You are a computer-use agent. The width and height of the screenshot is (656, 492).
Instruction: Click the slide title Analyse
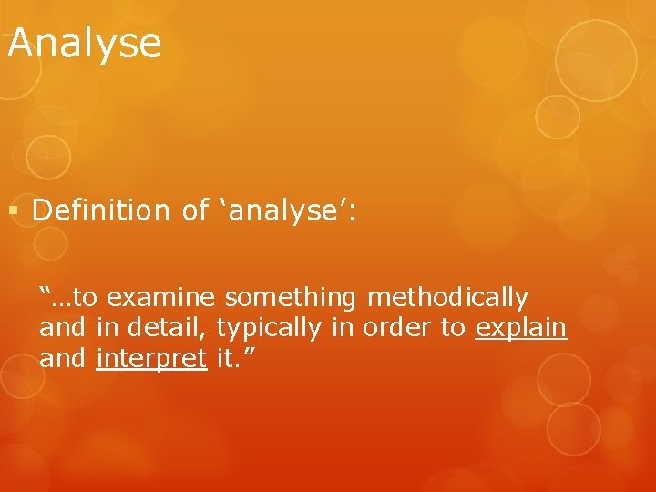(84, 43)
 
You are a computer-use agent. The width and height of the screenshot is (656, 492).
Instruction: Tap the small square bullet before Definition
(13, 211)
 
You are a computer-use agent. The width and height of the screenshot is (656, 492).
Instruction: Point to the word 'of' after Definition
(195, 210)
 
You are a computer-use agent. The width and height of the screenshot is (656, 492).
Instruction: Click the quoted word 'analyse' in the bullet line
(283, 212)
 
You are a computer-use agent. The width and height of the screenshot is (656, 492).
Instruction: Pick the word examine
(167, 297)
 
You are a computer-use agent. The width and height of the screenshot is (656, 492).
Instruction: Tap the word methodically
(447, 298)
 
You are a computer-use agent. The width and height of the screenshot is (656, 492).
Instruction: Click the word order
(397, 328)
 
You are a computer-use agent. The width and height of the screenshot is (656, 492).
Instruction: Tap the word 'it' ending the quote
(225, 358)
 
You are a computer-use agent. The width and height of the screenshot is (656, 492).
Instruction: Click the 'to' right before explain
(453, 328)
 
